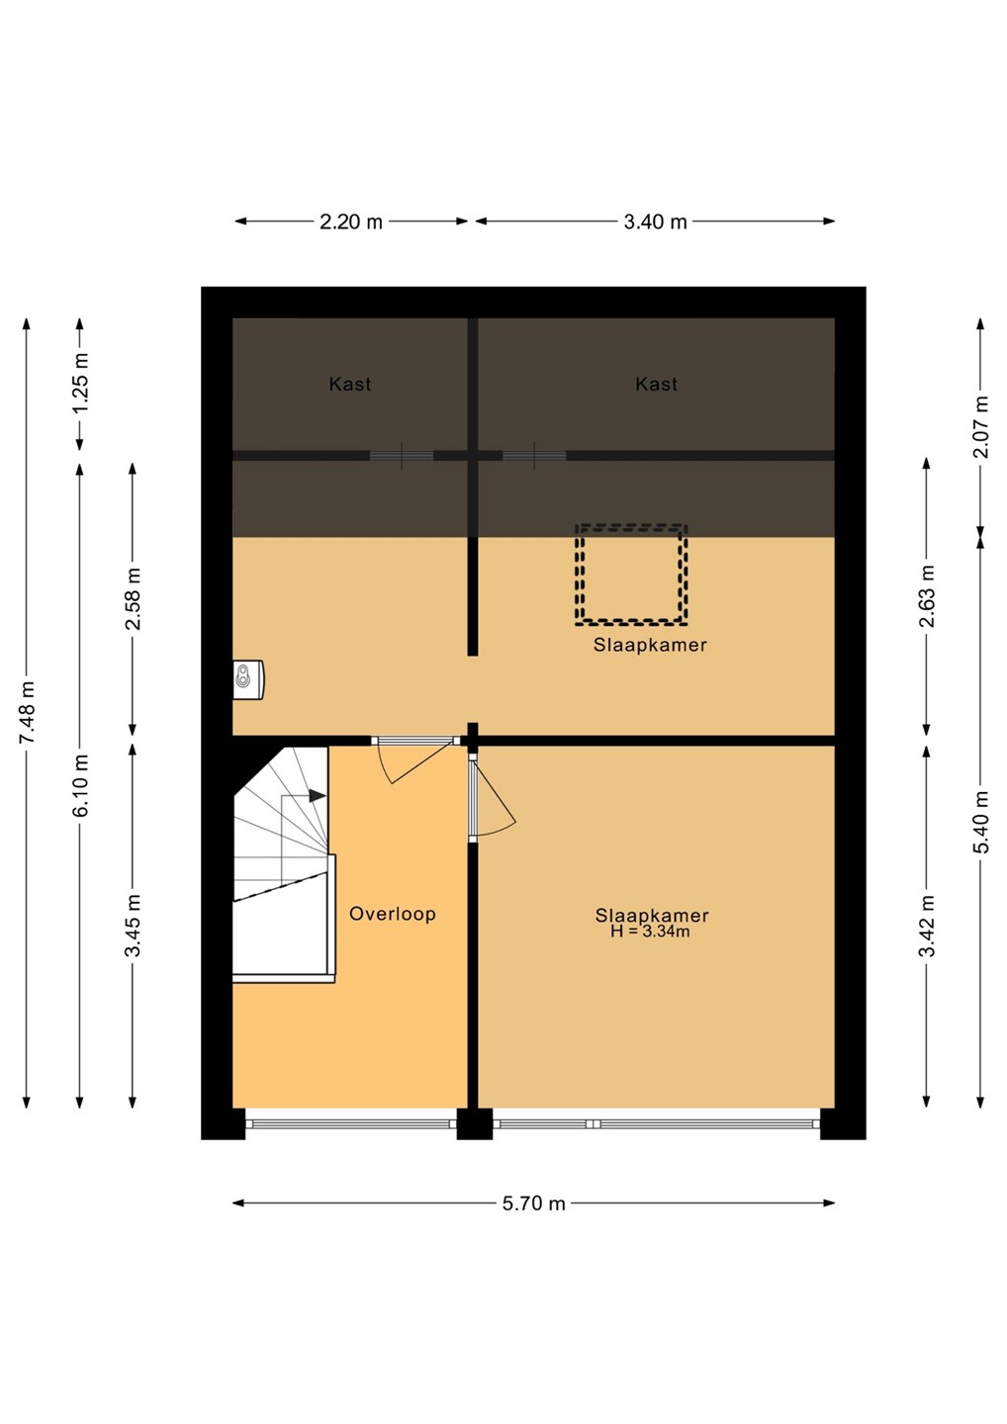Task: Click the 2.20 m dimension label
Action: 350,222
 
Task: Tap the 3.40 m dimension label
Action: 655,222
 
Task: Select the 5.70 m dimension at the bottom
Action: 533,1203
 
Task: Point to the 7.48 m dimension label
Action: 27,712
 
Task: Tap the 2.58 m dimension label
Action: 133,598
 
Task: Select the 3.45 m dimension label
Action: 133,925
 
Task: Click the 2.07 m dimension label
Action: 981,426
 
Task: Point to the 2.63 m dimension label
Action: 927,595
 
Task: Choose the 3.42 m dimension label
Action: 927,925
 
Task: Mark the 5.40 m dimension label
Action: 981,823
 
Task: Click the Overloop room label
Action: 393,914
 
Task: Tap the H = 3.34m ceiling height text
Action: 650,932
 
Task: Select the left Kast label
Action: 349,384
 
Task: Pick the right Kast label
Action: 656,384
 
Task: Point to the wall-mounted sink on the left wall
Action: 248,680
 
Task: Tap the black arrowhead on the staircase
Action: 318,795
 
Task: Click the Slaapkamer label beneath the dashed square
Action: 650,645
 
